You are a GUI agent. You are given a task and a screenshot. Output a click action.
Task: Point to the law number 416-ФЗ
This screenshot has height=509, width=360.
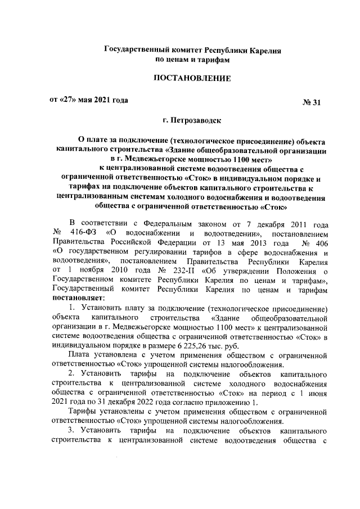[83, 233]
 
